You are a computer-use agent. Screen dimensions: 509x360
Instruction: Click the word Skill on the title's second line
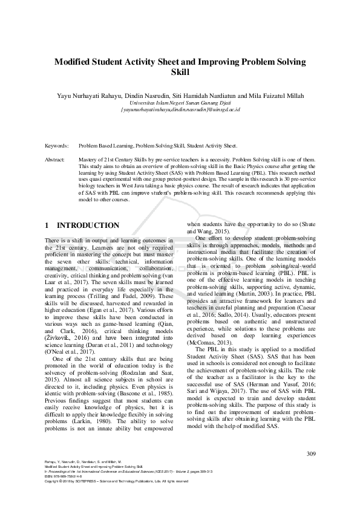point(180,72)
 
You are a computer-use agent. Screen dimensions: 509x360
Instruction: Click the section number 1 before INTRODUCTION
point(47,225)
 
